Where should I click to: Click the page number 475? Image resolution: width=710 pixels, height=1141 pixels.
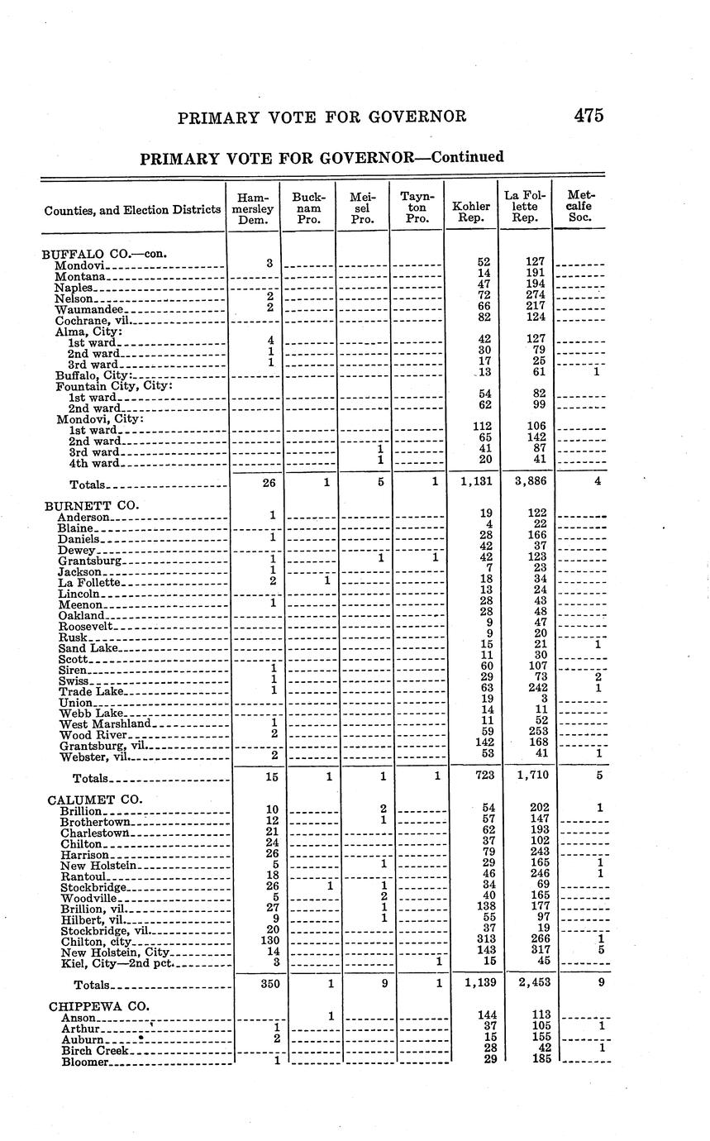pyautogui.click(x=588, y=116)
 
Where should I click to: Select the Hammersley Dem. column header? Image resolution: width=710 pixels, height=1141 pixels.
pyautogui.click(x=253, y=209)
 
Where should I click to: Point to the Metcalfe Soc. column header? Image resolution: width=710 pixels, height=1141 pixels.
pyautogui.click(x=581, y=209)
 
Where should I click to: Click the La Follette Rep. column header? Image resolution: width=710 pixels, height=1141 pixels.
pyautogui.click(x=525, y=209)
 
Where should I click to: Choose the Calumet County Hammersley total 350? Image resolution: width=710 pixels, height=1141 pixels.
pyautogui.click(x=269, y=984)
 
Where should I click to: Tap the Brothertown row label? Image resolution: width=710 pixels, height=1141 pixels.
pyautogui.click(x=96, y=822)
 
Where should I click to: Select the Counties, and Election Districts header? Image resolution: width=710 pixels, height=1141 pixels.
pyautogui.click(x=132, y=210)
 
